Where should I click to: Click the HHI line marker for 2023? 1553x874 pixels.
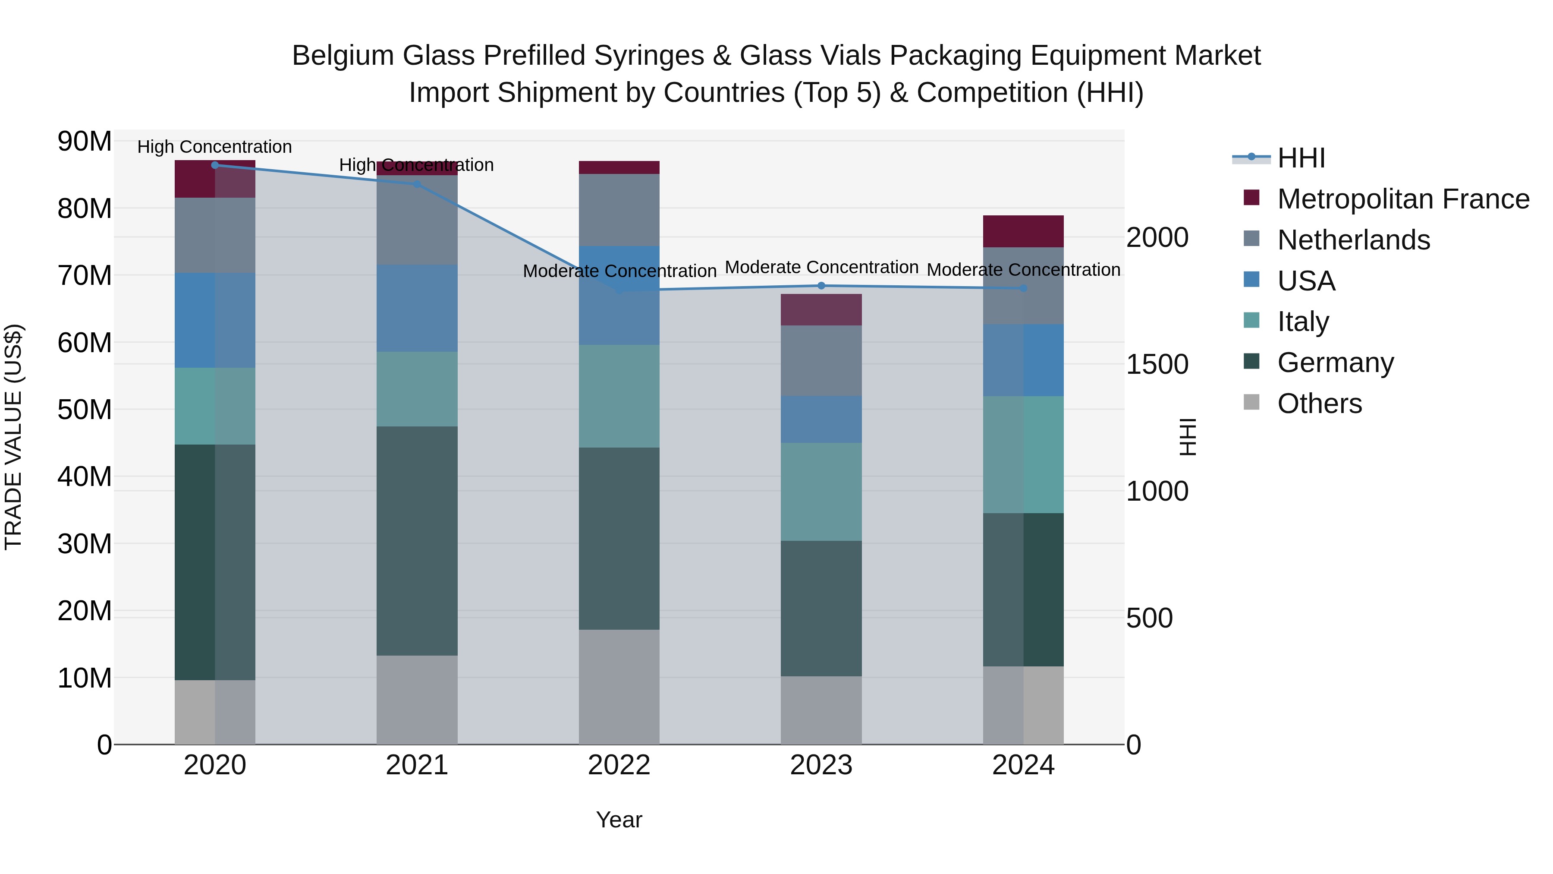coord(821,286)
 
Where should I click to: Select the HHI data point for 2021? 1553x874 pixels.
coord(417,184)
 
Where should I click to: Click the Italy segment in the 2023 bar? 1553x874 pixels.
coord(821,492)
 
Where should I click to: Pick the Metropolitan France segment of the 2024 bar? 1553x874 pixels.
coord(1023,231)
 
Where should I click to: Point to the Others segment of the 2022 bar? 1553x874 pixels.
coord(619,687)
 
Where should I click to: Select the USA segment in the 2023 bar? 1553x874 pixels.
coord(821,419)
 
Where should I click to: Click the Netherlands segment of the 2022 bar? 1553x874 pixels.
coord(619,210)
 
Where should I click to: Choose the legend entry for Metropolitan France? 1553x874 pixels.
coord(1403,199)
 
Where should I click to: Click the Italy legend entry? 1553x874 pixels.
coord(1303,322)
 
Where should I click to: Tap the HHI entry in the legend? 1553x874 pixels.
coord(1301,158)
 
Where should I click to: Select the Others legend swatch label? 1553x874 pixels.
coord(1319,404)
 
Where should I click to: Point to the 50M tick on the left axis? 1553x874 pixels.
coord(85,410)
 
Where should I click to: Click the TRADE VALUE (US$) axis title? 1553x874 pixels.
coord(13,437)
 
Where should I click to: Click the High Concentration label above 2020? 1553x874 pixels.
coord(215,147)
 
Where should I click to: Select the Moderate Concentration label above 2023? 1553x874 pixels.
coord(821,267)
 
